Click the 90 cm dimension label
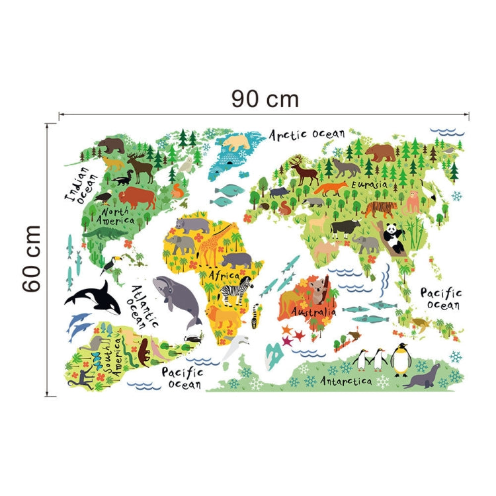[265, 99]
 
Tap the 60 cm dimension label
[30, 258]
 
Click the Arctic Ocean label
[307, 134]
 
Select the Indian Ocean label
[81, 183]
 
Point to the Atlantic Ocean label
[144, 305]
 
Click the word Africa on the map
[224, 274]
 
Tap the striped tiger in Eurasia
[378, 210]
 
